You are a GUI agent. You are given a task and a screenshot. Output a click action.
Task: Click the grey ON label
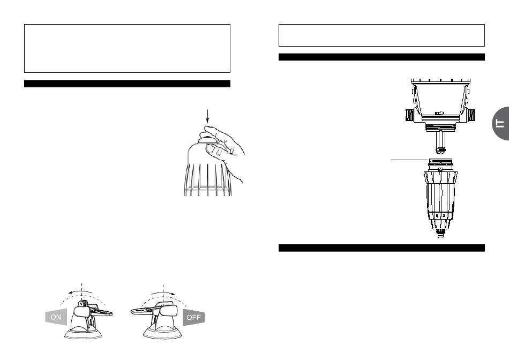click(56, 317)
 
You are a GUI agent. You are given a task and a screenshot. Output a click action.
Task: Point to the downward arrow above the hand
click(207, 117)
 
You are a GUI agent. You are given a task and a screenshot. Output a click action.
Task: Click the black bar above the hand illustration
click(127, 84)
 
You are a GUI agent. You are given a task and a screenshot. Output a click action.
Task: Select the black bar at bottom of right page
click(381, 248)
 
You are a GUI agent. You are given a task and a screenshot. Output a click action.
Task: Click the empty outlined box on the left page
click(127, 48)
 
